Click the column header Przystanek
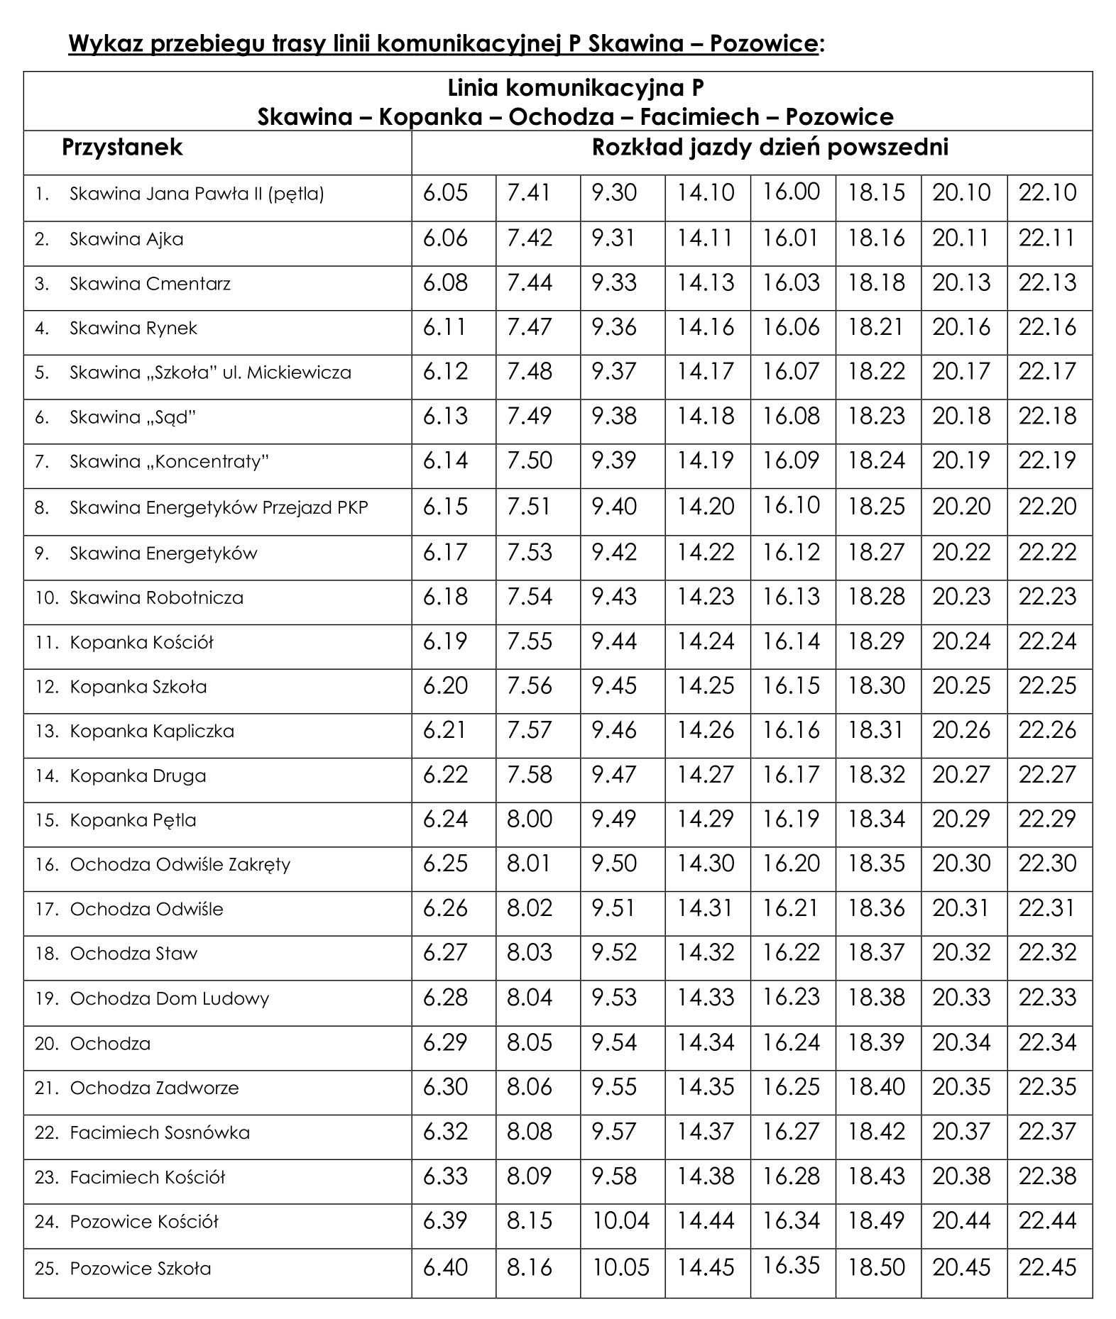click(x=122, y=148)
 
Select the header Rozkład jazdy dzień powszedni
click(x=770, y=148)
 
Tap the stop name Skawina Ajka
click(x=126, y=239)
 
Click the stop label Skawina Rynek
click(x=133, y=329)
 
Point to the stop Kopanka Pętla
click(x=133, y=820)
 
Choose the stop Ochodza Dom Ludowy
click(x=170, y=999)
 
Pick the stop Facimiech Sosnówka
click(x=160, y=1133)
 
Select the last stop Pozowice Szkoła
click(x=141, y=1269)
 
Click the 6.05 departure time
click(x=446, y=193)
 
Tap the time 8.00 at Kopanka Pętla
click(x=530, y=819)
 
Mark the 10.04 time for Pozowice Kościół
click(x=621, y=1221)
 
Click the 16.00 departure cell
click(x=792, y=192)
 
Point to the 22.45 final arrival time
click(x=1048, y=1268)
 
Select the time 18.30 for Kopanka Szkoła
click(x=877, y=686)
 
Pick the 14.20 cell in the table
click(x=706, y=507)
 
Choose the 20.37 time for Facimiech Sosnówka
click(x=961, y=1132)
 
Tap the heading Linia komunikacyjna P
click(x=576, y=88)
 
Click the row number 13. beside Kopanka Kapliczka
click(x=46, y=731)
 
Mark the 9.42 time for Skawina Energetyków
click(x=615, y=553)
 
